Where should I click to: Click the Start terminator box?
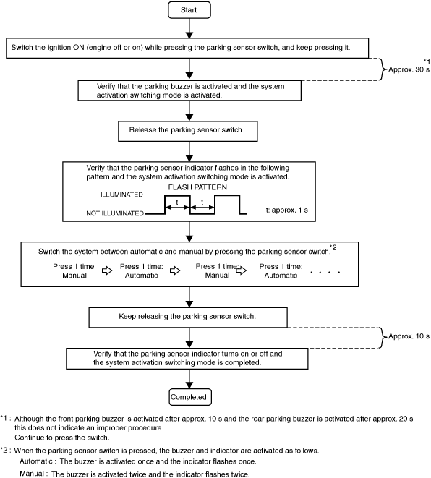point(189,10)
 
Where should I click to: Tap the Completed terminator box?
point(190,397)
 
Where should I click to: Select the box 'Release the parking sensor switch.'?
point(188,132)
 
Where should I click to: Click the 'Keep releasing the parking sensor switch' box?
point(188,317)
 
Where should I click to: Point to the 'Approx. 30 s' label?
point(409,69)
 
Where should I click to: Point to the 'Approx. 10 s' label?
point(409,336)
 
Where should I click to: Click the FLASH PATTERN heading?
point(197,187)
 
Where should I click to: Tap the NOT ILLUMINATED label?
point(115,213)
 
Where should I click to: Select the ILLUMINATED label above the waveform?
point(121,195)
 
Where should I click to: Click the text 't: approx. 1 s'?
point(287,210)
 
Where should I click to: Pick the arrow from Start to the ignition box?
point(189,28)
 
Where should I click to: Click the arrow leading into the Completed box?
point(189,379)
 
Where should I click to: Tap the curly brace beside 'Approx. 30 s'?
point(383,69)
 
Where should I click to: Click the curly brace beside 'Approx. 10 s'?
point(383,338)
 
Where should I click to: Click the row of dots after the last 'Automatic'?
point(325,272)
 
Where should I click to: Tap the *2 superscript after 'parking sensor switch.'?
point(333,247)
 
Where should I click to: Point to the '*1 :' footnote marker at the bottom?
point(6,418)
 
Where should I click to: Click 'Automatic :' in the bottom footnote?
point(38,461)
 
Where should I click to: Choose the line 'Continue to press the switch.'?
point(62,438)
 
